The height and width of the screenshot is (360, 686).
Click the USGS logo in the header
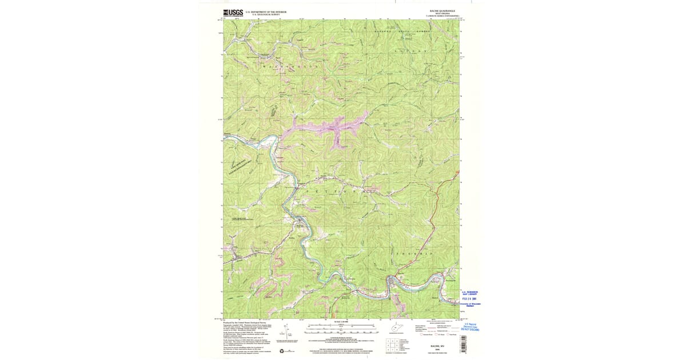tap(233, 13)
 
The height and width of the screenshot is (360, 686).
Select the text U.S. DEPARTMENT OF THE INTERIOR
tap(266, 11)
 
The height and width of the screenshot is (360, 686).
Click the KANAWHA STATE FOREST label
tap(401, 31)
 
